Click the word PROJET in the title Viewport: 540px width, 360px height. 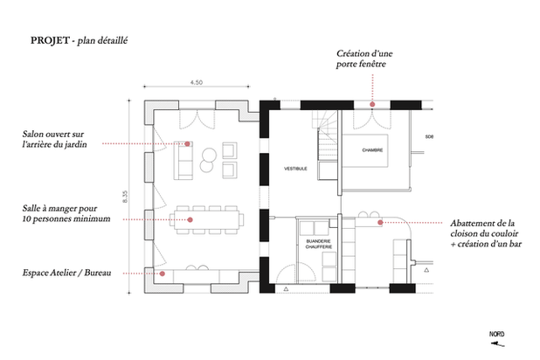coord(50,40)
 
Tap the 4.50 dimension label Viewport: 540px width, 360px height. coord(197,82)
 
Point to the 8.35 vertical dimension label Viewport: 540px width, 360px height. coord(125,197)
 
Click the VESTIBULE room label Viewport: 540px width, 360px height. coord(295,169)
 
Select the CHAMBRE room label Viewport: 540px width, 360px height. coord(372,150)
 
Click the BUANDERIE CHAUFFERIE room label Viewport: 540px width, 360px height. coord(319,244)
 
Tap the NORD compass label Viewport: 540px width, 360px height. coord(496,334)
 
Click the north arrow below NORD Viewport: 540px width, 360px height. coord(498,343)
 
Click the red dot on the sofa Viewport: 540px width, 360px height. coord(187,143)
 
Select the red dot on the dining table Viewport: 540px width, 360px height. coord(190,219)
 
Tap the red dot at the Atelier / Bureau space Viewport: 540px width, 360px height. coord(163,273)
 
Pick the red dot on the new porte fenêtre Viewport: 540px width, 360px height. coord(372,104)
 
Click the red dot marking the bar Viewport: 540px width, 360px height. coord(380,223)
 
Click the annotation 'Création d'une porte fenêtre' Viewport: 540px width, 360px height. coord(364,59)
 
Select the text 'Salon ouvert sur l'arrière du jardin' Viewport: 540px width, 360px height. coord(54,139)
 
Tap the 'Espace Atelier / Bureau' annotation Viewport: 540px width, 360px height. coord(66,273)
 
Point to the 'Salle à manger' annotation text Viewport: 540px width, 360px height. coord(66,213)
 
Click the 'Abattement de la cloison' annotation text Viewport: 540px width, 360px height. coord(486,233)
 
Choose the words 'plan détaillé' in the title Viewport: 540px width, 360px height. coord(102,41)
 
